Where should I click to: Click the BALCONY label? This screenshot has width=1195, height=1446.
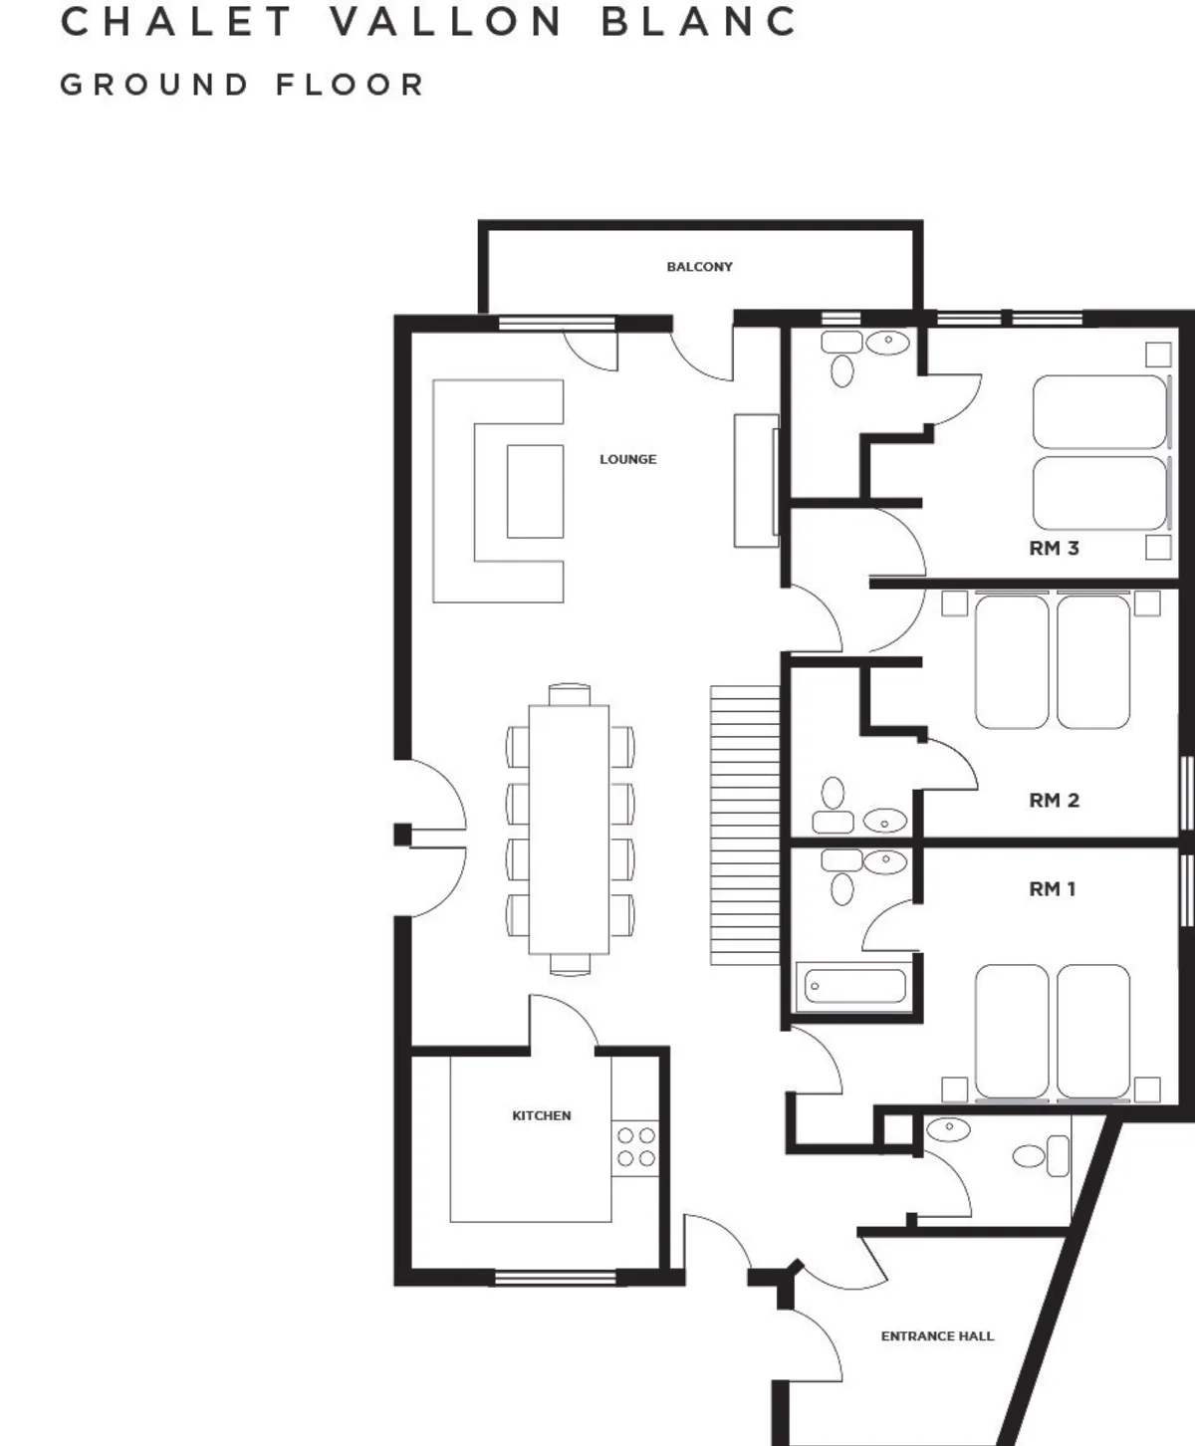699,267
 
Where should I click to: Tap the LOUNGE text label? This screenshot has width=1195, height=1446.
627,459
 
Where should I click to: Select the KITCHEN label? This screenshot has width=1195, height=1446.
541,1115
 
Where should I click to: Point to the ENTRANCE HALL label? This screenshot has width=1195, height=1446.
937,1335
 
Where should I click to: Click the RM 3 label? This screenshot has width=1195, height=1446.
1054,549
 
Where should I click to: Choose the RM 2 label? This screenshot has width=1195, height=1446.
1054,801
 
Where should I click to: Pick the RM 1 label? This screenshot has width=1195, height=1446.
1053,889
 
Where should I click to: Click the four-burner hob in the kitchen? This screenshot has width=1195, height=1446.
635,1147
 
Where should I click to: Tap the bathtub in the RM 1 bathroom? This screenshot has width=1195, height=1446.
854,986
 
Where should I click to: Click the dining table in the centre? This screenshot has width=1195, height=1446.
569,830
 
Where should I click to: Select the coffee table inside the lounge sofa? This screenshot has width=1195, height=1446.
535,492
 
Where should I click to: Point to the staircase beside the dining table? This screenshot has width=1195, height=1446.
746,826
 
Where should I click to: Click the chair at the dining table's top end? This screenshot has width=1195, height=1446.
570,694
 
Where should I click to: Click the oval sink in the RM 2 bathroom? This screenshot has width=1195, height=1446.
884,821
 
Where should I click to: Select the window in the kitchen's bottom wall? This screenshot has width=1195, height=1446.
556,1277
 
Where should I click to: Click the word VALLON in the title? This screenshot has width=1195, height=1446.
445,22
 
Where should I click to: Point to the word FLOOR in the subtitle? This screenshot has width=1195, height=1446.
350,86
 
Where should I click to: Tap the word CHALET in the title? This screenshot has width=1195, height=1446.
177,22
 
